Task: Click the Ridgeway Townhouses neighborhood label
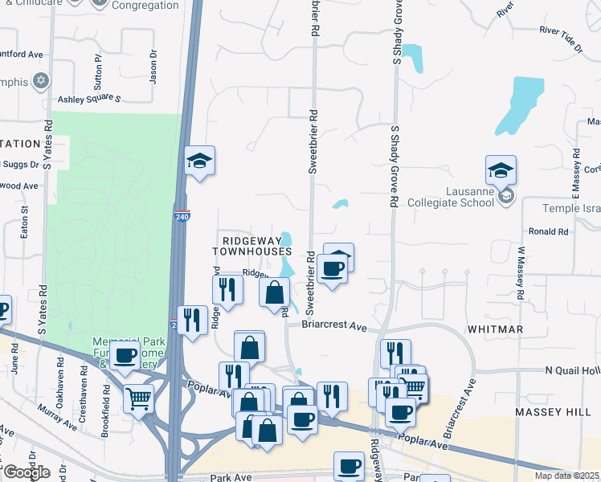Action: (x=251, y=246)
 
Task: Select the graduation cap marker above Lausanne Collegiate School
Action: (x=501, y=170)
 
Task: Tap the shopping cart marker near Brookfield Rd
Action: (x=139, y=397)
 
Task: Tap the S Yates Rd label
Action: (x=49, y=145)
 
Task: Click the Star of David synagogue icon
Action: (x=40, y=82)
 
